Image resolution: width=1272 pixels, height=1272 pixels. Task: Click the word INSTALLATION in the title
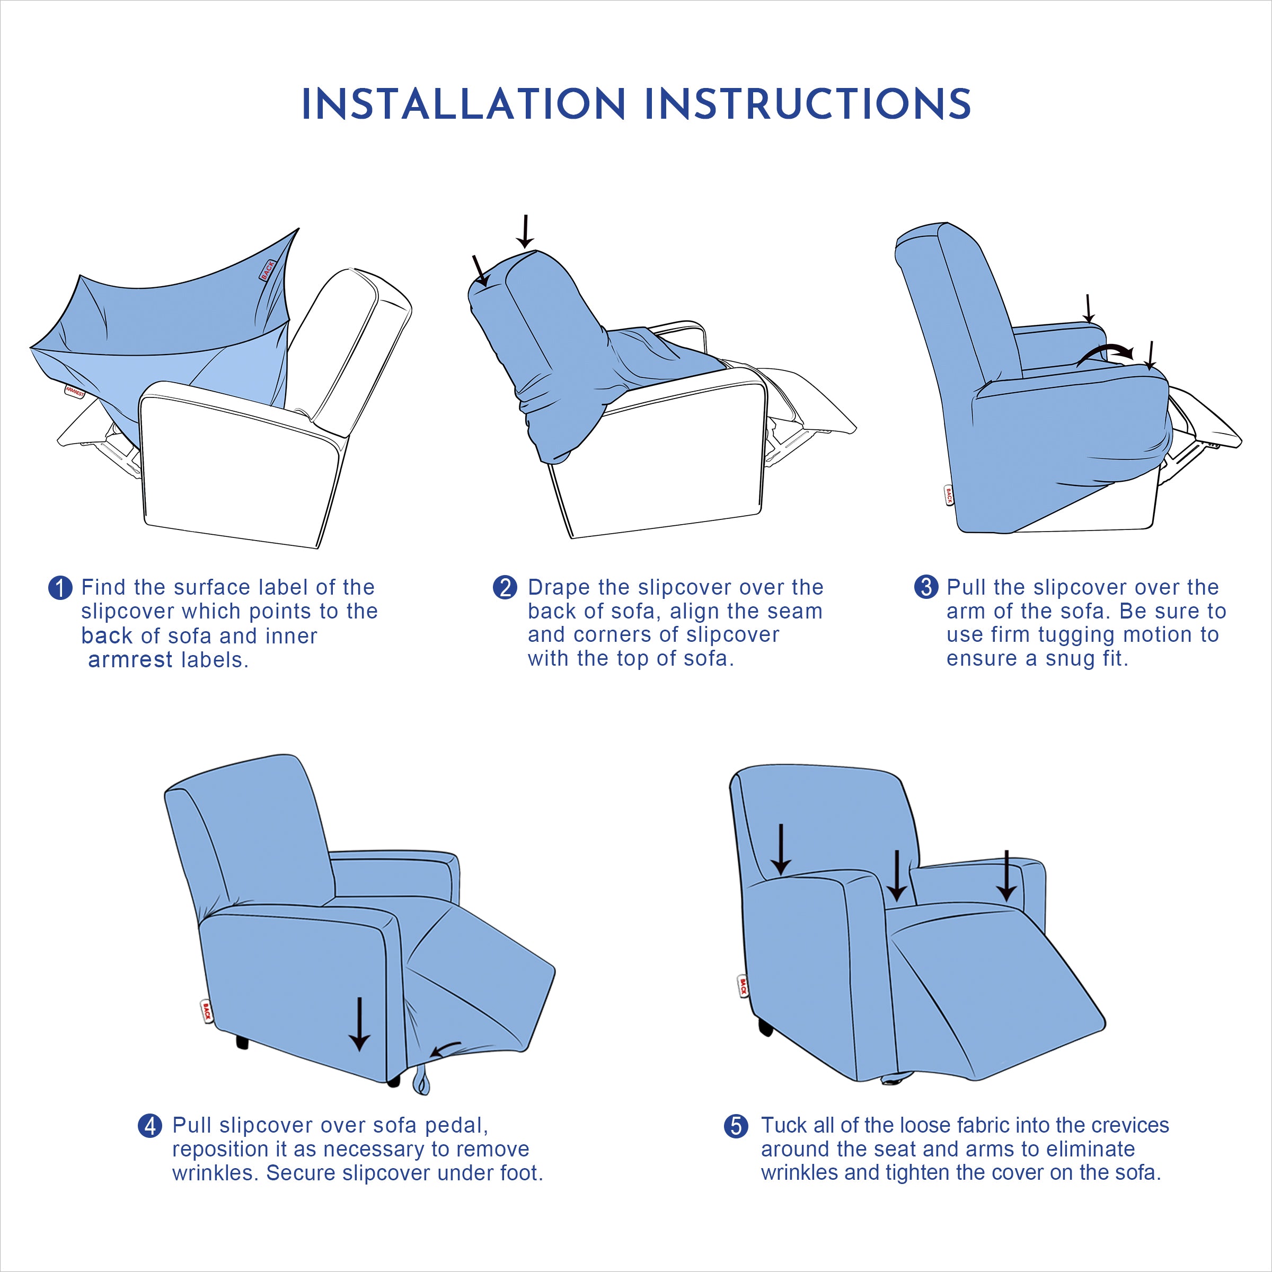tap(463, 105)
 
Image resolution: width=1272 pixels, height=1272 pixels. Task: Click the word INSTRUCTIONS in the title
tap(808, 105)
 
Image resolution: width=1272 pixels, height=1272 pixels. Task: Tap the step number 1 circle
tap(60, 588)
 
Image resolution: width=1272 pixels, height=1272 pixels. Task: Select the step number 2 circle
tap(505, 587)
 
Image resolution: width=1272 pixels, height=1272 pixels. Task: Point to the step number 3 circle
tap(926, 587)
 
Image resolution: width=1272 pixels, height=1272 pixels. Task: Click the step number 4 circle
tap(149, 1125)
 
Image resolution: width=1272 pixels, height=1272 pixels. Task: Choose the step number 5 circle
tap(736, 1126)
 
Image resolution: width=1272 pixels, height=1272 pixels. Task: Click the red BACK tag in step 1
tap(267, 269)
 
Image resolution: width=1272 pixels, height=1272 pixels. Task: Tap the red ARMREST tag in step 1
tap(74, 392)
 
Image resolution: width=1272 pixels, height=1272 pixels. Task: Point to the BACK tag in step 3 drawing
tap(949, 495)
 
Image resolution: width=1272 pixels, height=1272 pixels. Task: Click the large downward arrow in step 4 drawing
tap(359, 1024)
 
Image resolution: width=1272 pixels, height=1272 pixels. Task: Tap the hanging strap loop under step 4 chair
tap(421, 1083)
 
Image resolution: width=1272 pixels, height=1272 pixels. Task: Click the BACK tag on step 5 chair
tap(743, 986)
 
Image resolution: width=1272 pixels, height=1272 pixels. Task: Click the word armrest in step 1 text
tap(130, 660)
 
